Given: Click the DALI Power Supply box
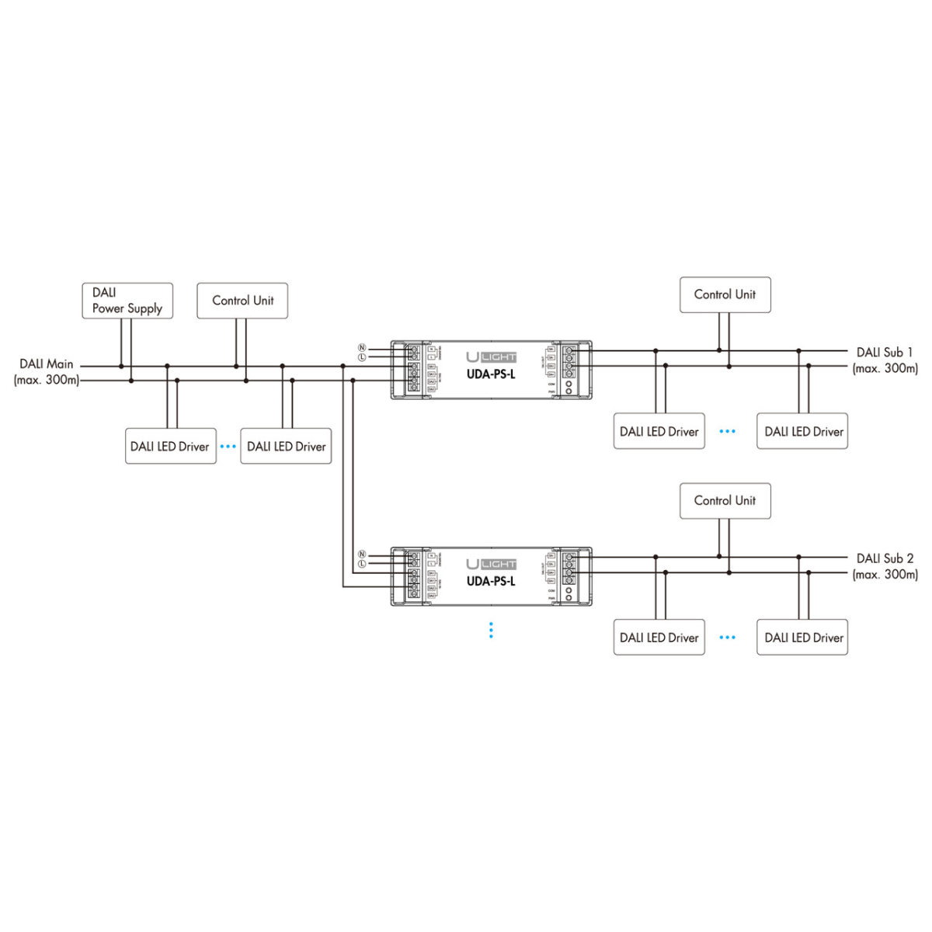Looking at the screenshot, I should click(x=127, y=301).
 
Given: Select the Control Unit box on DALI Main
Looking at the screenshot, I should click(x=242, y=301).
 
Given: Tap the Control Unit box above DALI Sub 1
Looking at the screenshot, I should click(x=725, y=295).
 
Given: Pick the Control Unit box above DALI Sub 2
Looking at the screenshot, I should click(x=725, y=501).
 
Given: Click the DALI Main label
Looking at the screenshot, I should click(x=47, y=363).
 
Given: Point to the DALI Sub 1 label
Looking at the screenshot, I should click(x=885, y=353).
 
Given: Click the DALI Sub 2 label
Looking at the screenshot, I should click(x=885, y=558).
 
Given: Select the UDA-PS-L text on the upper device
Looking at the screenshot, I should click(x=491, y=374).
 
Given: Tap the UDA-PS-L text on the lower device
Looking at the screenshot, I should click(x=491, y=581).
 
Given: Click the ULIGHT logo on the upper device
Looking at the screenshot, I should click(x=491, y=356).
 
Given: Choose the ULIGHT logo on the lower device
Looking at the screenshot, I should click(x=491, y=564).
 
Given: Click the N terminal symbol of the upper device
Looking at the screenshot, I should click(x=362, y=347).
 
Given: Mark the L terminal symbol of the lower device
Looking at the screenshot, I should click(x=362, y=564).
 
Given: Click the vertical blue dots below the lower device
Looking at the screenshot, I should click(x=491, y=630).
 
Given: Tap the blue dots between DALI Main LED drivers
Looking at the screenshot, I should click(x=228, y=447).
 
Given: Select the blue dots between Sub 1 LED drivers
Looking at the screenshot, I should click(x=727, y=432).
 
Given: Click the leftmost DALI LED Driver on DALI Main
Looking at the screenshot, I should click(x=170, y=447).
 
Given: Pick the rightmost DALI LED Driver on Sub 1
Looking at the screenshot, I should click(x=802, y=432).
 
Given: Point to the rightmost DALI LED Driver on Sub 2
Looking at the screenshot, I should click(x=802, y=638).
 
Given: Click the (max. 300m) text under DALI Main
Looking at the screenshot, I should click(x=47, y=381).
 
